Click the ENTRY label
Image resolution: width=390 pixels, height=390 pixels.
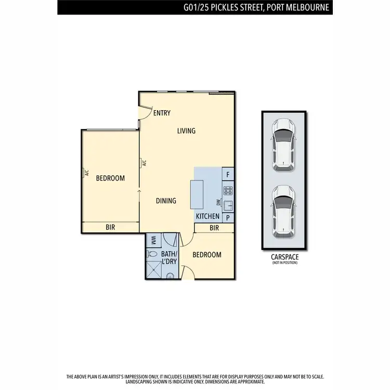click(x=162, y=113)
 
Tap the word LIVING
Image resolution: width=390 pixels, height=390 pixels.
click(x=186, y=131)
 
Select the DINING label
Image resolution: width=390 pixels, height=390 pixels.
click(x=166, y=201)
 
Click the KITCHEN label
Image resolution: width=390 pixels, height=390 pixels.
click(x=207, y=216)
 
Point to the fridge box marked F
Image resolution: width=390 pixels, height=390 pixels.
click(x=228, y=174)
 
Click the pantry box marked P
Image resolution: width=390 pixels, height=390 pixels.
click(x=228, y=218)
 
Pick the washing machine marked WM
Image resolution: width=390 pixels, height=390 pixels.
click(x=153, y=240)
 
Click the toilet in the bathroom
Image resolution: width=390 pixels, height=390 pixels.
click(x=152, y=254)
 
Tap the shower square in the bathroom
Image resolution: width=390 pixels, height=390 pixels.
click(x=153, y=271)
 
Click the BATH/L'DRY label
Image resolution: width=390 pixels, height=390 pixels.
click(x=169, y=257)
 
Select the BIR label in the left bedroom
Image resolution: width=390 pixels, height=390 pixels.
click(x=110, y=227)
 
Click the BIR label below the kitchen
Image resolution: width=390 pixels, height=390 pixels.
click(x=214, y=228)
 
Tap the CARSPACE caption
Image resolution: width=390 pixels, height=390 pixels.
click(x=284, y=257)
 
